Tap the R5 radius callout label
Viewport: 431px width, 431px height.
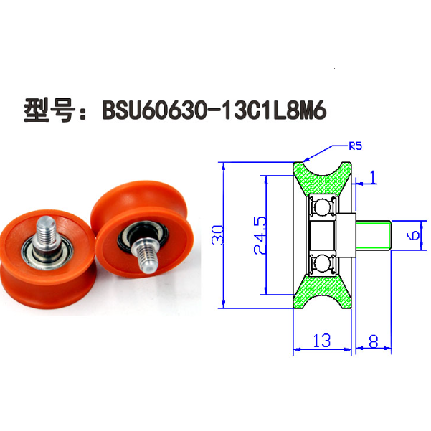355,146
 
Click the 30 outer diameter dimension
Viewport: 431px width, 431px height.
217,234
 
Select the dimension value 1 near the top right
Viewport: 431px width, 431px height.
372,176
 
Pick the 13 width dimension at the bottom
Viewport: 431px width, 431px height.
322,341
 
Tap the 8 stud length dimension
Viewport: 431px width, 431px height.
374,341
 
